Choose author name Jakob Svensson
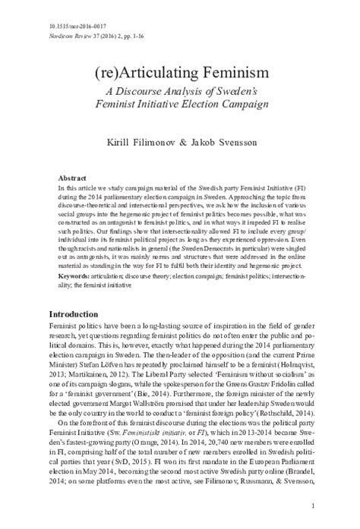point(223,142)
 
